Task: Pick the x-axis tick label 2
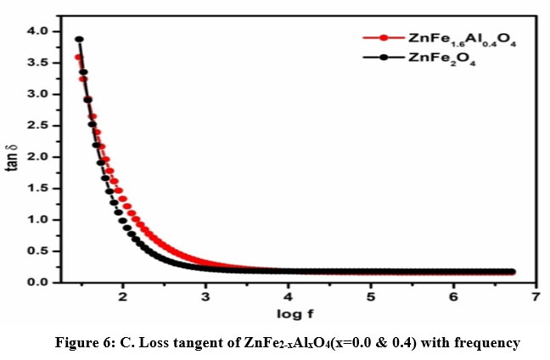tap(123, 297)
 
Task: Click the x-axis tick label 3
tap(205, 297)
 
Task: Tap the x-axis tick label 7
tap(536, 297)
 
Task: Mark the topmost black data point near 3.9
tap(79, 39)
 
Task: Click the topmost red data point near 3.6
tap(78, 57)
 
